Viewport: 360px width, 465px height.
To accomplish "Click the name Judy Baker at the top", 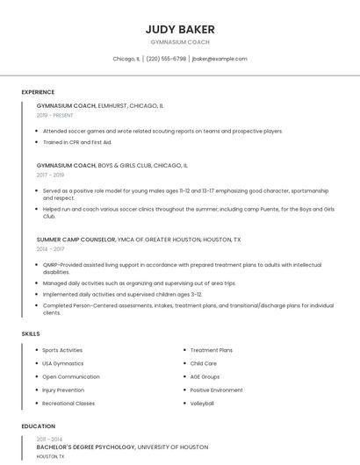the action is [180, 30].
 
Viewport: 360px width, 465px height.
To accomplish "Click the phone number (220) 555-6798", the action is [166, 59].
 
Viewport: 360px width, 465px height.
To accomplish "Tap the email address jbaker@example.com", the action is [220, 59].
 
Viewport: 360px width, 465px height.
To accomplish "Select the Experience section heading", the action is [38, 92].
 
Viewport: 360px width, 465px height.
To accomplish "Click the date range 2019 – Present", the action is [55, 115].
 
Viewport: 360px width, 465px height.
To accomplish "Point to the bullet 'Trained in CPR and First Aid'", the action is [77, 142].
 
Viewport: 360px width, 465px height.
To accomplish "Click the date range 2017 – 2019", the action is [50, 175].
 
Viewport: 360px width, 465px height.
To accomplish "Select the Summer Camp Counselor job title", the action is [76, 239].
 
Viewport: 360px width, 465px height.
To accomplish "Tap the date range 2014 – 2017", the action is [50, 249].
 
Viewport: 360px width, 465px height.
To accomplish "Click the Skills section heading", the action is [31, 333].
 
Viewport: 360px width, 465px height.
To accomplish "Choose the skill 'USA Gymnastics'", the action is [63, 363].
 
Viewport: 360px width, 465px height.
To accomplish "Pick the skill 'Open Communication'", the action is [70, 376].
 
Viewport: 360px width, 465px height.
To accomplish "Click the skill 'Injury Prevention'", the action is [63, 390].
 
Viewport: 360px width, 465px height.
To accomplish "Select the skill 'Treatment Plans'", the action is [212, 350].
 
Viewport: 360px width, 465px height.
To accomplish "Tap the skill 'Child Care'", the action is [203, 363].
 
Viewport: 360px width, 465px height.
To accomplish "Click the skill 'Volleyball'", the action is [202, 403].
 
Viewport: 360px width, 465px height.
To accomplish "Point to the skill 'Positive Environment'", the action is [216, 390].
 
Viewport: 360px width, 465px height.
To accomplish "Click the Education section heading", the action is [38, 426].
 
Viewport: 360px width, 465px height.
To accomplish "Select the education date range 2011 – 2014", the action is [49, 438].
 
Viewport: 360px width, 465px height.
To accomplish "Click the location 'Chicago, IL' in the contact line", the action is [126, 59].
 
